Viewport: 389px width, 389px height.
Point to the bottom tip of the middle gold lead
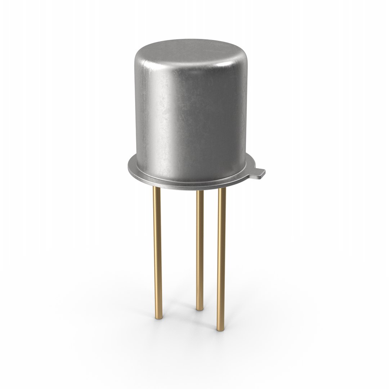coord(198,308)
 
